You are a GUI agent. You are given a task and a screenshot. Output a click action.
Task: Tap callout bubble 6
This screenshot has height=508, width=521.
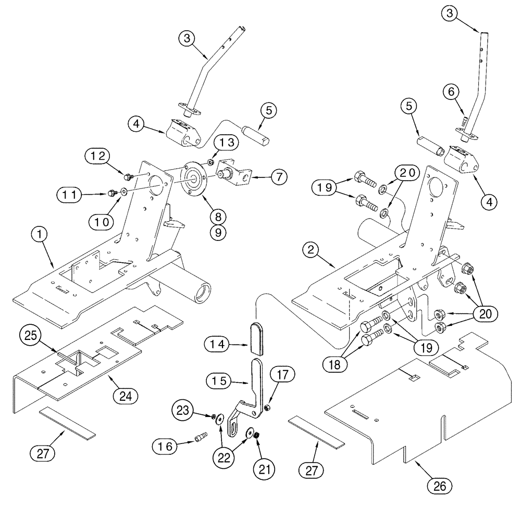[451, 92]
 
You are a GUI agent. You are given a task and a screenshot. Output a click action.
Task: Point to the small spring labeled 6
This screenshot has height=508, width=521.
[462, 122]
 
